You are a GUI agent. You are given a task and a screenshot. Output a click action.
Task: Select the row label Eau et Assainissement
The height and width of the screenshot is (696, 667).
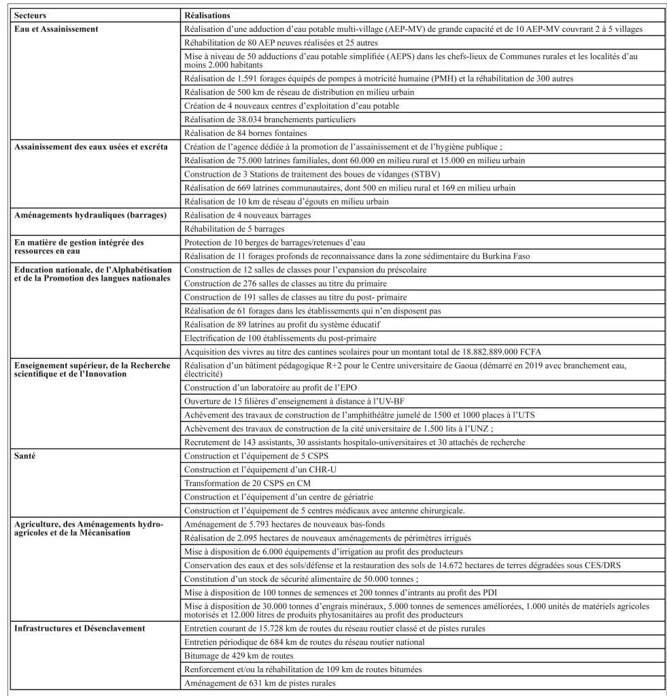pos(56,29)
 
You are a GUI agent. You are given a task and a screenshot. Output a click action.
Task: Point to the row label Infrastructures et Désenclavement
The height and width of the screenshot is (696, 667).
pos(80,627)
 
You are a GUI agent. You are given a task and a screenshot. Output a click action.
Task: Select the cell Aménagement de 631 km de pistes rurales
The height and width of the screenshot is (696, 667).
pos(260,682)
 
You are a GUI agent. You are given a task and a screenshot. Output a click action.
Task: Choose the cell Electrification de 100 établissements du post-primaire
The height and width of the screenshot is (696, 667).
pos(281,338)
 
